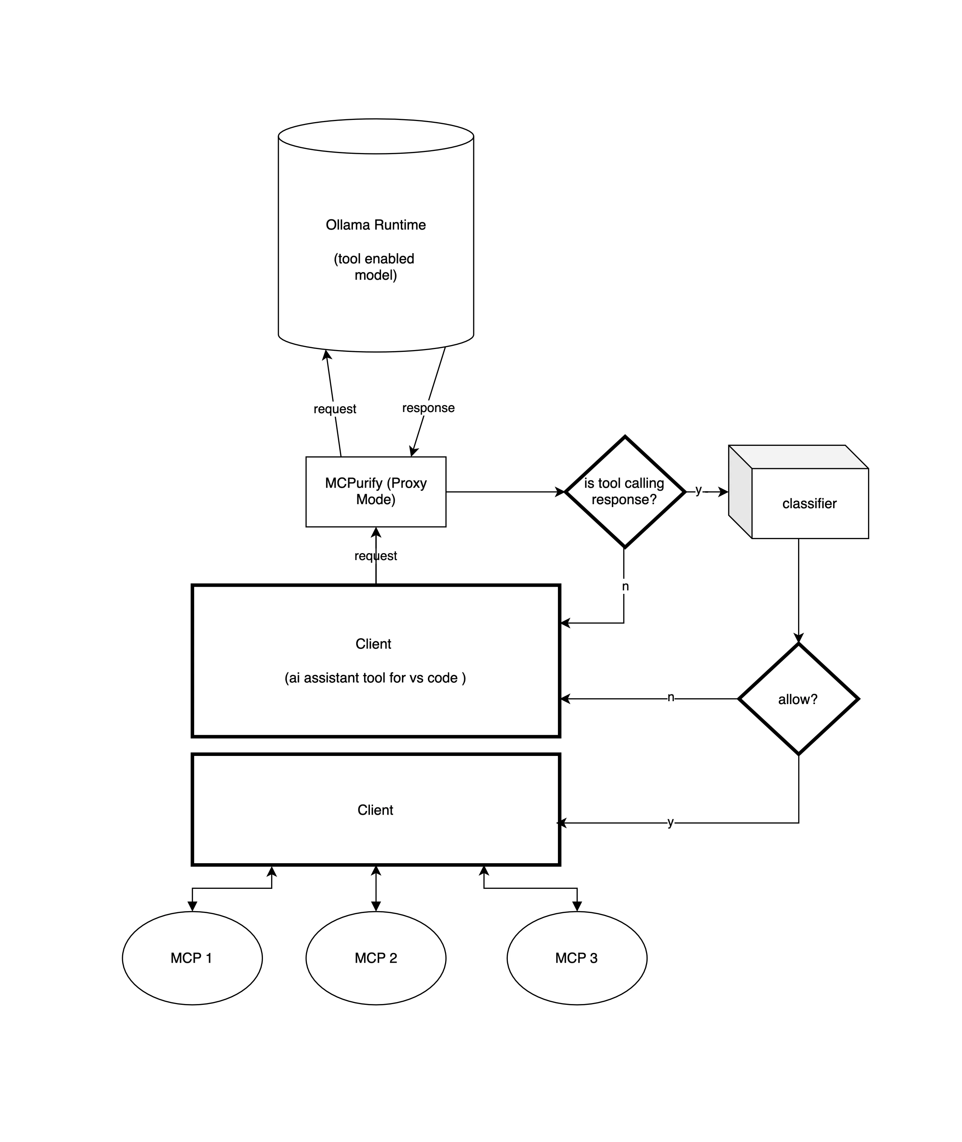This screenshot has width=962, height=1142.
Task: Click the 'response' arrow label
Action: click(x=428, y=408)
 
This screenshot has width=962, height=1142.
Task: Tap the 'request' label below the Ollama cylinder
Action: click(x=335, y=409)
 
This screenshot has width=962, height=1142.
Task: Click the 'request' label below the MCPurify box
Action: click(x=376, y=556)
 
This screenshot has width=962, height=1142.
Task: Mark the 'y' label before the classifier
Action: click(x=698, y=490)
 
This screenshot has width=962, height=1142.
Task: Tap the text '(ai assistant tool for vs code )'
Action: click(x=375, y=678)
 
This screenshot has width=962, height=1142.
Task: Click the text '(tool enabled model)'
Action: click(x=375, y=267)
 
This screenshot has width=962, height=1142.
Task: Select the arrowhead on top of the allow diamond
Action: click(x=798, y=638)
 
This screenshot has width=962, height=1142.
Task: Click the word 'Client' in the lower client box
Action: click(x=375, y=810)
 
